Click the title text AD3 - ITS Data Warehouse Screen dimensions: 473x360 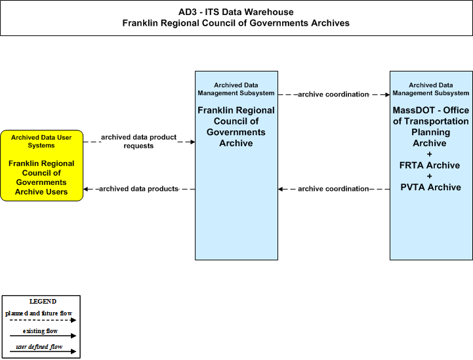[x=236, y=12]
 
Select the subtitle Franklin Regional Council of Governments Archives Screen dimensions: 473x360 [x=236, y=23]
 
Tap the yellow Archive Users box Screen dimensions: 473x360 [x=41, y=165]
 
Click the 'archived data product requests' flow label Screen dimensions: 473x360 [x=139, y=142]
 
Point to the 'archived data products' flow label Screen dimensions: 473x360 [x=139, y=189]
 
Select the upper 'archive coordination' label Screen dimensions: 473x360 [x=333, y=94]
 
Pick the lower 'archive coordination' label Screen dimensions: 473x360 [x=333, y=189]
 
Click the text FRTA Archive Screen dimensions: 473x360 [x=430, y=165]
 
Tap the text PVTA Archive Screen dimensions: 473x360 [x=431, y=188]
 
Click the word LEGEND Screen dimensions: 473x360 [x=43, y=302]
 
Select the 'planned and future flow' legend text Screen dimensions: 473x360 [x=39, y=313]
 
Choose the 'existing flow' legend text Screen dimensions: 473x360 [x=41, y=331]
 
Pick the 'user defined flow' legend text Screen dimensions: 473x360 [x=39, y=347]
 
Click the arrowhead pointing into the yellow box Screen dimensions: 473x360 [x=86, y=189]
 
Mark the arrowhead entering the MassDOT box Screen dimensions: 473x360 [x=387, y=94]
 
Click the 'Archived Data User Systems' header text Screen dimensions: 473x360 [x=41, y=142]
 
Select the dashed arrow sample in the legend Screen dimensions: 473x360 [x=43, y=320]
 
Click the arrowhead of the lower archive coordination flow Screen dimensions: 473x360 [x=281, y=189]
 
